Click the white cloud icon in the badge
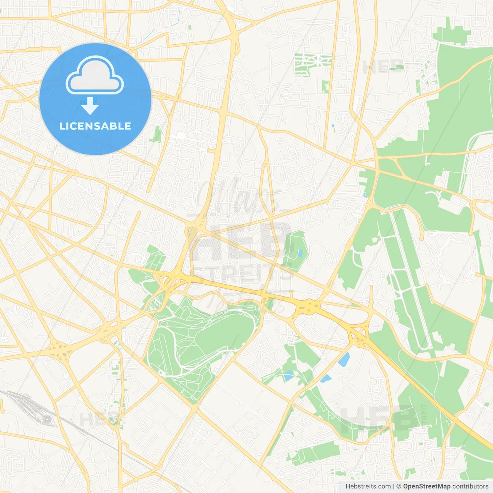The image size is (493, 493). pyautogui.click(x=95, y=75)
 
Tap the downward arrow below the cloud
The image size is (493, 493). pyautogui.click(x=90, y=106)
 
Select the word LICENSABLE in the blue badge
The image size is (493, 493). pyautogui.click(x=95, y=126)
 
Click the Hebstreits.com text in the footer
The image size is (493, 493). pyautogui.click(x=368, y=486)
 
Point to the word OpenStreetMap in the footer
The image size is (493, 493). pyautogui.click(x=427, y=486)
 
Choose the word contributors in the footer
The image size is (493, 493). pyautogui.click(x=470, y=486)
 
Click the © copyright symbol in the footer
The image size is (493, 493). pyautogui.click(x=399, y=486)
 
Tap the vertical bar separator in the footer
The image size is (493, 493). pyautogui.click(x=394, y=486)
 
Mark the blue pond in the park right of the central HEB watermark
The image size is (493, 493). pyautogui.click(x=300, y=253)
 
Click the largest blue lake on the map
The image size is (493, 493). pyautogui.click(x=344, y=359)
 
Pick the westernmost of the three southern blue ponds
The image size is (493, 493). pyautogui.click(x=288, y=375)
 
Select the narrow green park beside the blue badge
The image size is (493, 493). pyautogui.click(x=157, y=134)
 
